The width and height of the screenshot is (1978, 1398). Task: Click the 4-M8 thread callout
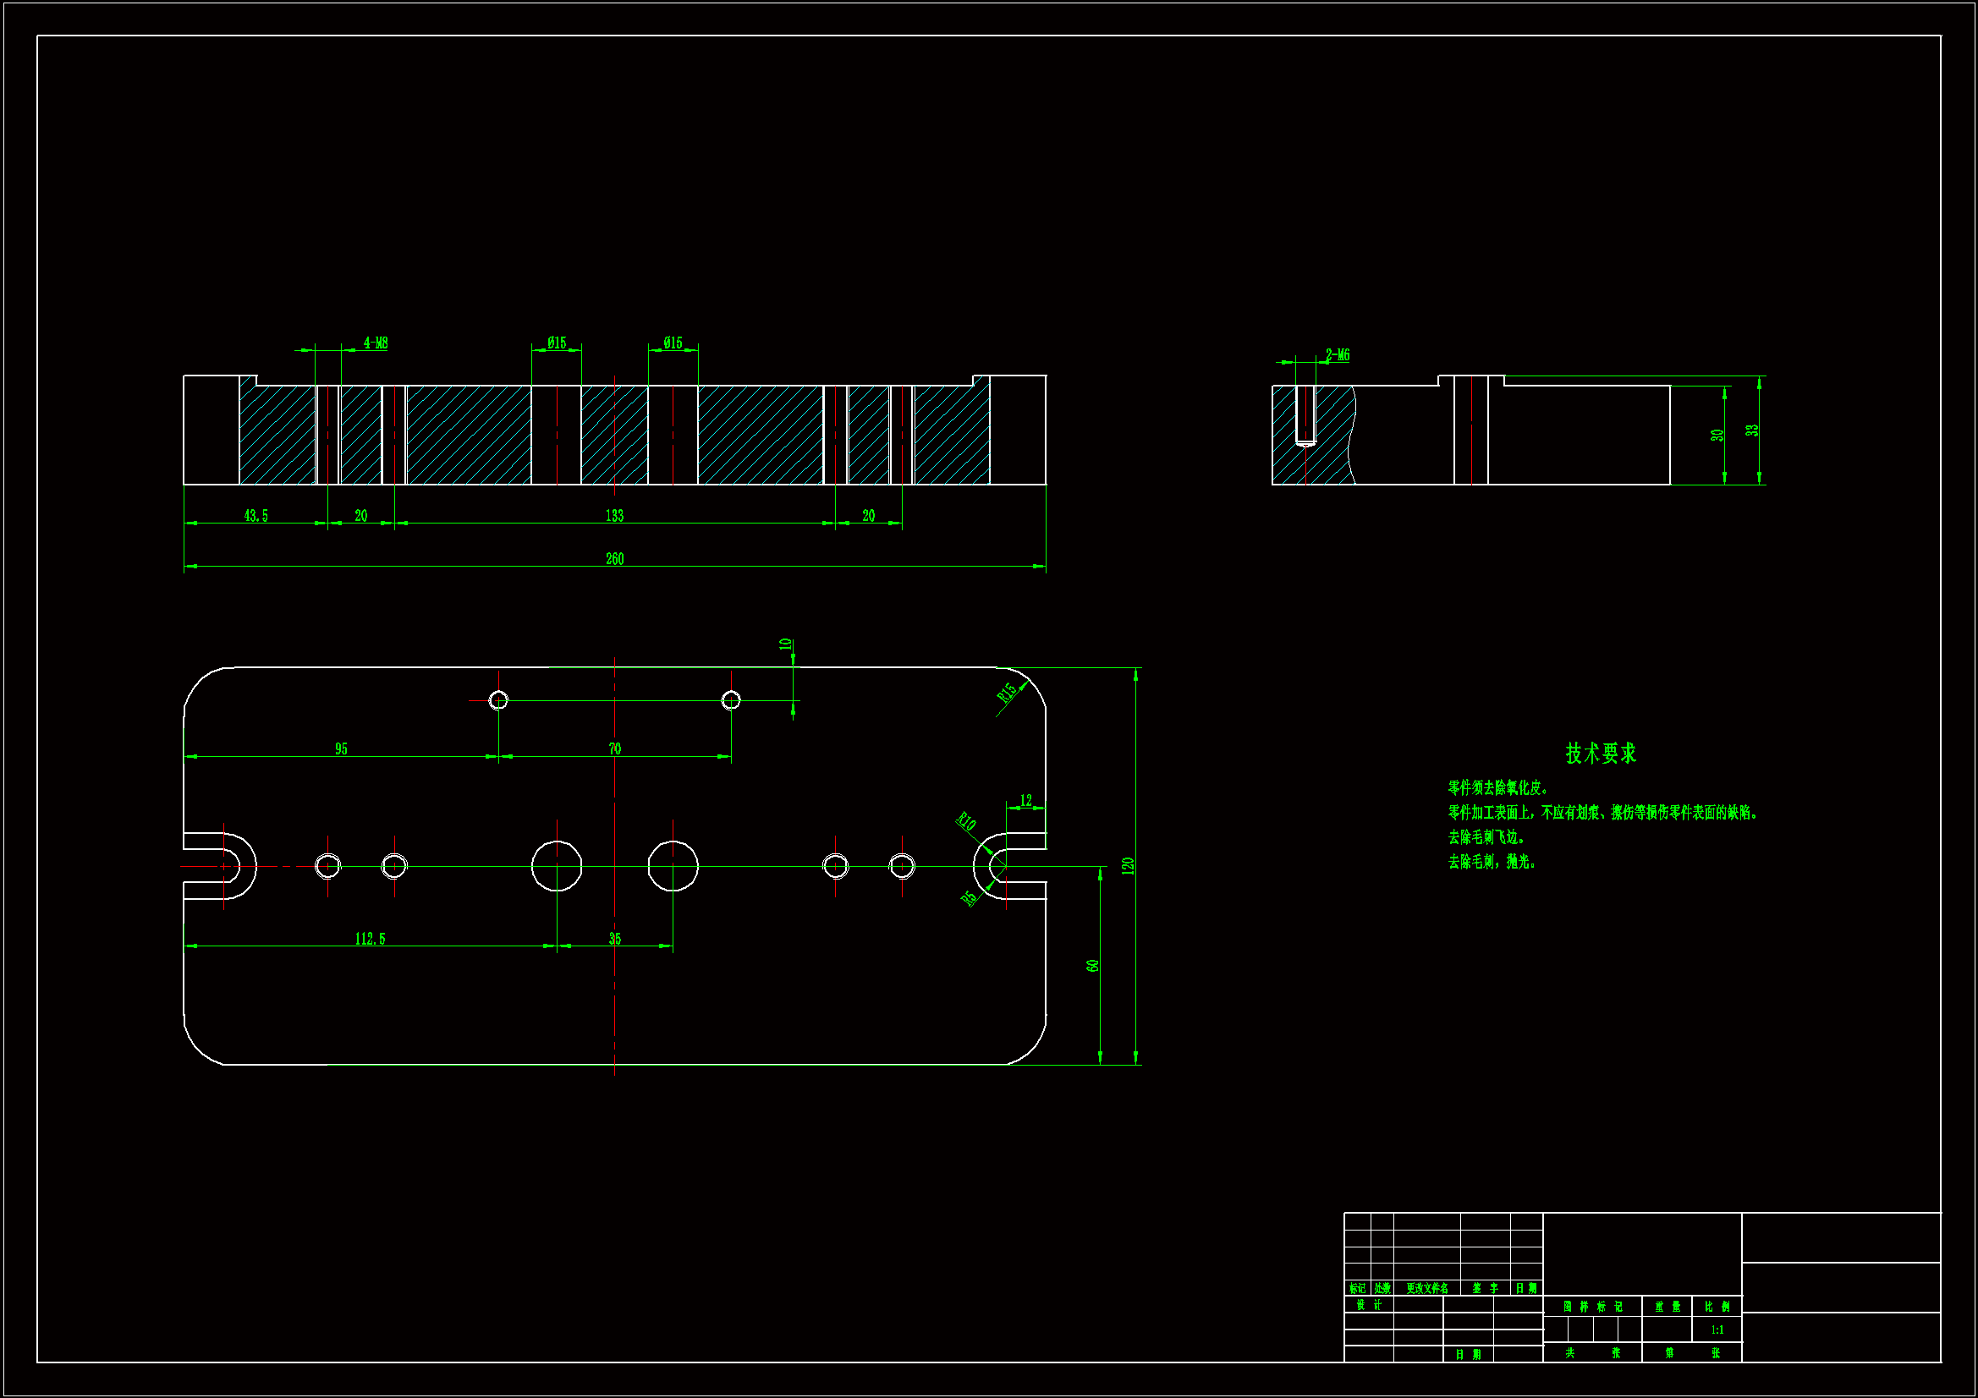point(376,343)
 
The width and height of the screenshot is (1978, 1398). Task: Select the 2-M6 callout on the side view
point(1337,355)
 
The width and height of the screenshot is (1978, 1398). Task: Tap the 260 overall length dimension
point(614,559)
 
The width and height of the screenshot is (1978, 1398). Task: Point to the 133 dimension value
point(614,516)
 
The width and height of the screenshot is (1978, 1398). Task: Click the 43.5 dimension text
point(255,516)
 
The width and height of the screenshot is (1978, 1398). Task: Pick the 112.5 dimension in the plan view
point(371,939)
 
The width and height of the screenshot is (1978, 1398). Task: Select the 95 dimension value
point(341,749)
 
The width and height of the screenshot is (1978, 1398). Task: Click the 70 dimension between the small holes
point(614,749)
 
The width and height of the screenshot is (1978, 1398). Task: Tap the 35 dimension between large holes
point(614,939)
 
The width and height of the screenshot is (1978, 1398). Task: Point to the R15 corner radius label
point(1007,693)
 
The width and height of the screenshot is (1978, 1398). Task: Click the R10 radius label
point(967,822)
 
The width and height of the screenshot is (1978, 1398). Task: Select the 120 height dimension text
point(1128,866)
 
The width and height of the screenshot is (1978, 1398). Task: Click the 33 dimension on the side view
point(1752,430)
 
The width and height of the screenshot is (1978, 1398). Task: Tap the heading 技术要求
point(1601,754)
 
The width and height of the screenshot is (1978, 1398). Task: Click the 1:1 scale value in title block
point(1717,1330)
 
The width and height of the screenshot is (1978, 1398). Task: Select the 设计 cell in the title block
point(1369,1305)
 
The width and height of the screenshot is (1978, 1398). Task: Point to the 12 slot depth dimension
point(1026,801)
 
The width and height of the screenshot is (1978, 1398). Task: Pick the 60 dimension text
point(1093,966)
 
